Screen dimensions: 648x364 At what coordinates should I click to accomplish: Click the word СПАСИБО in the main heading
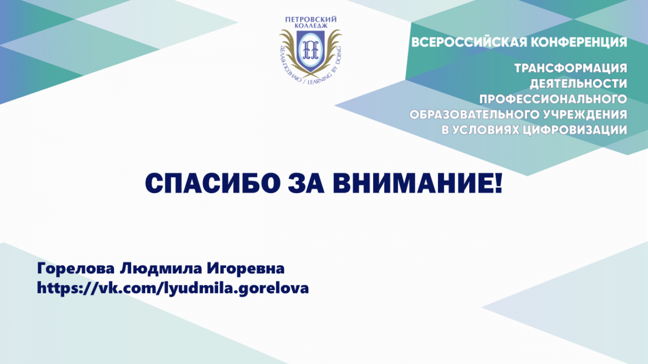(x=213, y=183)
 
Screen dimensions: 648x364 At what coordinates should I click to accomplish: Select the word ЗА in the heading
(x=306, y=183)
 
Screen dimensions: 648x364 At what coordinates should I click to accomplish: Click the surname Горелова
(x=76, y=269)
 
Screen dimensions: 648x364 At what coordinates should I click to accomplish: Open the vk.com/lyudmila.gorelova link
(x=173, y=289)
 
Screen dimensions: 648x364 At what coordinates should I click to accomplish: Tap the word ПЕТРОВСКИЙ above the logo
(x=311, y=19)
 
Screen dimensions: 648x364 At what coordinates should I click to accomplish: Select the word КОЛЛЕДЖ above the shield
(x=311, y=26)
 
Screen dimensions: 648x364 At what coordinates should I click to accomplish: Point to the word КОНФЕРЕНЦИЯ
(x=579, y=43)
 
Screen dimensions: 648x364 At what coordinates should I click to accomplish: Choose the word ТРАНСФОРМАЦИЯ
(x=571, y=68)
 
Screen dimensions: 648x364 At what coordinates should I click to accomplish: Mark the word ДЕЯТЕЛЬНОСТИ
(x=578, y=84)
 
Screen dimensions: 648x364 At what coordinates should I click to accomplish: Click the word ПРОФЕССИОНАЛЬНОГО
(x=553, y=99)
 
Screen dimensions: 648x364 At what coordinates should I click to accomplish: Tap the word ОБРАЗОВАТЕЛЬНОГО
(x=473, y=115)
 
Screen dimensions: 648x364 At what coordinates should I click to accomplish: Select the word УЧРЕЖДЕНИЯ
(x=585, y=115)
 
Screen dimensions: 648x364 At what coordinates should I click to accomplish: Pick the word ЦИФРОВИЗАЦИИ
(x=575, y=131)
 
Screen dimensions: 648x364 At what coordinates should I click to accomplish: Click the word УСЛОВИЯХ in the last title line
(x=484, y=131)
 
